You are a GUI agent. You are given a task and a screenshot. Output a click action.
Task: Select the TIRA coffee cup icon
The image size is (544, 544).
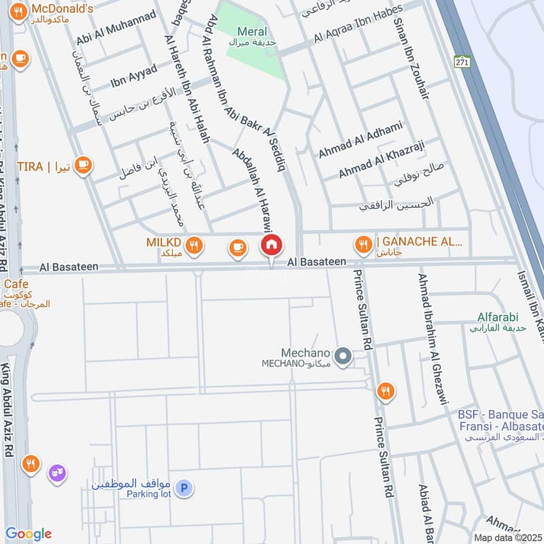coord(83,165)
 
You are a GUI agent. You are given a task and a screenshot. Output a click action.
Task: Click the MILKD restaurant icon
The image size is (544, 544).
coord(194,245)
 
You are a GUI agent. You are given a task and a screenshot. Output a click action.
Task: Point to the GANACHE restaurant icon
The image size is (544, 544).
coord(364,243)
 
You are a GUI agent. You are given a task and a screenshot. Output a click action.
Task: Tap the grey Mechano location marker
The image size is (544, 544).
coord(344,355)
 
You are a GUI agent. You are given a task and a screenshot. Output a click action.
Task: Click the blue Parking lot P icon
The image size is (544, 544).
coord(184,488)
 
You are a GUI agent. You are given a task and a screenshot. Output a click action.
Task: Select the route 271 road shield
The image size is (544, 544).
coord(463,61)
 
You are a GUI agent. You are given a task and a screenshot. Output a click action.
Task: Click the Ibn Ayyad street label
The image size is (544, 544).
coord(134,76)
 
